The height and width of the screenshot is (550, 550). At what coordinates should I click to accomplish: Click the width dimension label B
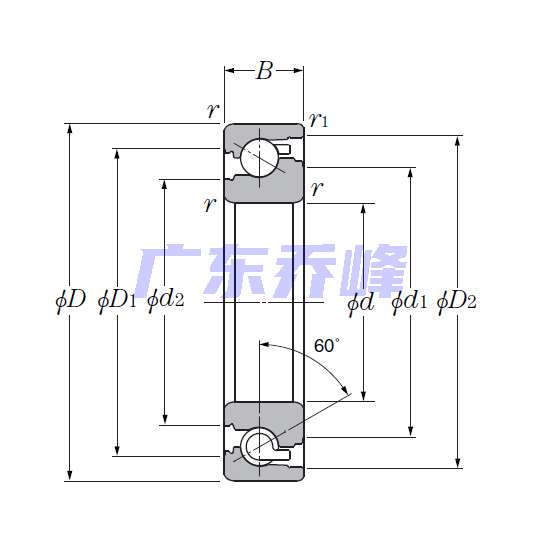pos(264,71)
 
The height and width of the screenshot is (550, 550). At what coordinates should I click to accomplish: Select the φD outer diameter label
pos(71,301)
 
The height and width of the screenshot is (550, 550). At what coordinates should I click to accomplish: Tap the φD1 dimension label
pos(117,301)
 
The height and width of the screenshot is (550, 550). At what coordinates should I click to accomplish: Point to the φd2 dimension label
pos(166,301)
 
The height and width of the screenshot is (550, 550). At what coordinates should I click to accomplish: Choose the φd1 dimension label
pos(409,302)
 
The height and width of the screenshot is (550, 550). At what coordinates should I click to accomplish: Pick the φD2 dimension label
pos(457,302)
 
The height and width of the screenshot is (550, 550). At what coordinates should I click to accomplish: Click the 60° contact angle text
pos(327,346)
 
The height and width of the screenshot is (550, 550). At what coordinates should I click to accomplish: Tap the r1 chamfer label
pos(318,120)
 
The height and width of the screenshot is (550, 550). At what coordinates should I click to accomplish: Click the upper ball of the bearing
pos(260,158)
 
